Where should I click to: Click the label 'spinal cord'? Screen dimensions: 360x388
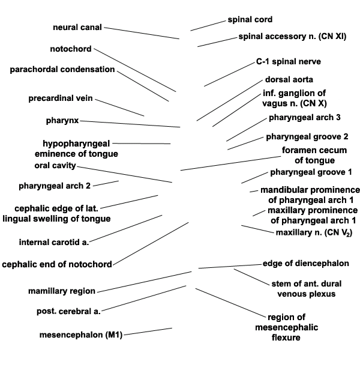click(250, 20)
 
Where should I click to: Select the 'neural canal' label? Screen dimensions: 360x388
click(77, 27)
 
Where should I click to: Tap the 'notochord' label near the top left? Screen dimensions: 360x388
click(71, 49)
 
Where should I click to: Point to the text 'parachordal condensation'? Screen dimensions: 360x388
click(62, 69)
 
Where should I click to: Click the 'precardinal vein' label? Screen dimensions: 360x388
click(61, 99)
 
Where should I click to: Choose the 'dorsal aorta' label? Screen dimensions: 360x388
click(289, 79)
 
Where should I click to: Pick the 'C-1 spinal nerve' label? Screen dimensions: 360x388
click(288, 62)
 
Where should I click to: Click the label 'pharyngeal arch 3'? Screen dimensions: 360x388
click(305, 118)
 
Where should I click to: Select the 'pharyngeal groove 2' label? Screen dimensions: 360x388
click(307, 137)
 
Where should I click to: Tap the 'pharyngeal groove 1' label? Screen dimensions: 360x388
click(311, 172)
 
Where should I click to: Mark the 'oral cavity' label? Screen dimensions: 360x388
click(55, 166)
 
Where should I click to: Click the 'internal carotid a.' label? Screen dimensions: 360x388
click(54, 242)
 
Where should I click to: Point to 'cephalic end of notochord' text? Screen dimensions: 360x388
click(57, 264)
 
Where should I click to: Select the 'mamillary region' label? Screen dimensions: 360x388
click(62, 291)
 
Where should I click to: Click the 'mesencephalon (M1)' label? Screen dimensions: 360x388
click(81, 335)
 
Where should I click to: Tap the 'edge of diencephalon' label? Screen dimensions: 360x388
click(306, 264)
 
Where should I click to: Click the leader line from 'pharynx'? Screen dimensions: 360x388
click(130, 124)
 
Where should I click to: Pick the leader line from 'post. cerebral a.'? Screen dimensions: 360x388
click(143, 299)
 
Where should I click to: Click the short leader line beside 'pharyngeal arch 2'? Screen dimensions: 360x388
click(106, 183)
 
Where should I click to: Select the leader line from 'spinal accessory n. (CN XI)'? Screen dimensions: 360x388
click(217, 42)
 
